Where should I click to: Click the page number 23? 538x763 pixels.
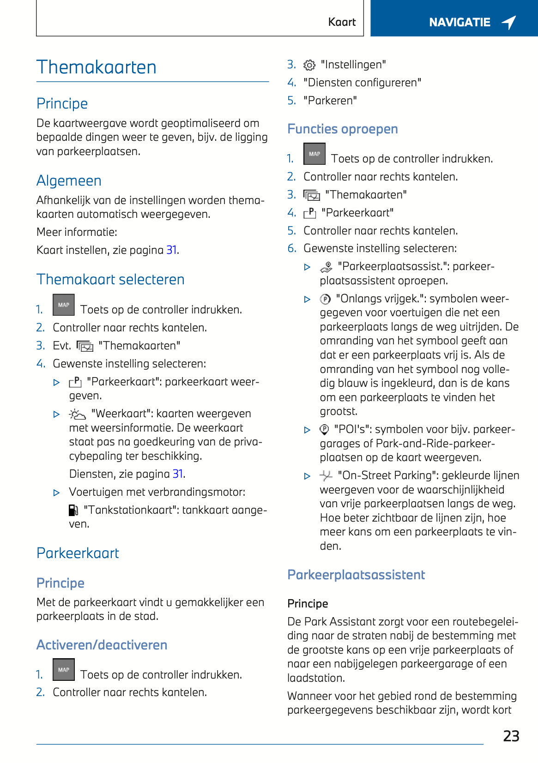[x=511, y=736]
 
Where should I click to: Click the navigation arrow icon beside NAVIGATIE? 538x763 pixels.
[x=509, y=22]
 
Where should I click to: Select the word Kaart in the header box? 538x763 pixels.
[x=342, y=22]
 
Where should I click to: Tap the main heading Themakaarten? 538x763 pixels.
[x=97, y=67]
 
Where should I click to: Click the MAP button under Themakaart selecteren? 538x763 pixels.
[x=64, y=305]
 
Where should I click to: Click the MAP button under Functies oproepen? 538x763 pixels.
[x=314, y=154]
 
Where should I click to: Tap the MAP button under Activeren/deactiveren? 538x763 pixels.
[x=64, y=670]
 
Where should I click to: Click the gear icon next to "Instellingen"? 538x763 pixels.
[x=309, y=65]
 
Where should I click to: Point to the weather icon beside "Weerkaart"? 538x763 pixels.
[x=77, y=414]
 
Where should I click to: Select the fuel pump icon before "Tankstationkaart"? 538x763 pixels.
[x=73, y=510]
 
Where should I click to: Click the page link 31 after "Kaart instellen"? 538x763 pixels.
[x=171, y=250]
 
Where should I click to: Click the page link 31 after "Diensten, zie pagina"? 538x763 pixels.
[x=178, y=474]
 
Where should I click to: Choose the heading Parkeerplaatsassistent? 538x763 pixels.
[x=356, y=575]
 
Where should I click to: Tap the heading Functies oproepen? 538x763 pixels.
[x=342, y=129]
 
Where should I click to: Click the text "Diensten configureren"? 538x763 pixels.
[x=362, y=83]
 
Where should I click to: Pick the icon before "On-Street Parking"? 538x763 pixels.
[x=326, y=475]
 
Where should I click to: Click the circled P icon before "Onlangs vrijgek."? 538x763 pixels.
[x=325, y=299]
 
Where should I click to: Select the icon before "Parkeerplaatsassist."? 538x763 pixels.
[x=326, y=267]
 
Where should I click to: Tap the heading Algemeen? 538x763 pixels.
[x=69, y=181]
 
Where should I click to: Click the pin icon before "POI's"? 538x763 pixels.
[x=324, y=430]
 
